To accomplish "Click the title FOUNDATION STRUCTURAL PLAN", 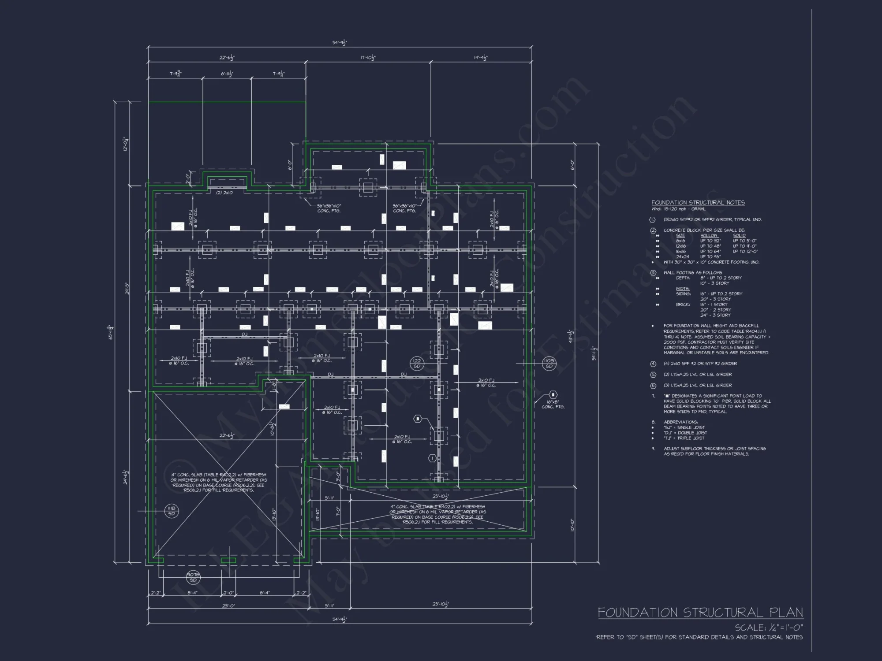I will tap(700, 613).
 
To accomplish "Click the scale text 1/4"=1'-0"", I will tap(769, 627).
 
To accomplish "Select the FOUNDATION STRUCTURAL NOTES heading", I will tap(698, 202).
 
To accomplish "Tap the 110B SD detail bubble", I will tap(549, 364).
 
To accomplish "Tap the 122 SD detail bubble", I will tap(416, 364).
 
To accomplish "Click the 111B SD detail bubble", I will tap(172, 511).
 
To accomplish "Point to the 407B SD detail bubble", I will tap(193, 577).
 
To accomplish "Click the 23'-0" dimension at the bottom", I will tap(228, 606).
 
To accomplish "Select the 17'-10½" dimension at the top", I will tap(368, 58).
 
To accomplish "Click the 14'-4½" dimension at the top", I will tap(480, 58).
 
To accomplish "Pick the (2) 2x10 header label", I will tap(224, 193).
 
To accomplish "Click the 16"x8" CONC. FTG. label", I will tap(553, 404).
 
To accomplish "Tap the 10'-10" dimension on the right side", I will tap(572, 525).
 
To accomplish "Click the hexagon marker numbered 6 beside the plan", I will tap(553, 394).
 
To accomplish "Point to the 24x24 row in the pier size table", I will tap(682, 256).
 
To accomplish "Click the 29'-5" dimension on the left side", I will tap(127, 289).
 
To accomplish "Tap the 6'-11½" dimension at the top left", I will tap(227, 74).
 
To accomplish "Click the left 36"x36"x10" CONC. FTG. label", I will tap(329, 208).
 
